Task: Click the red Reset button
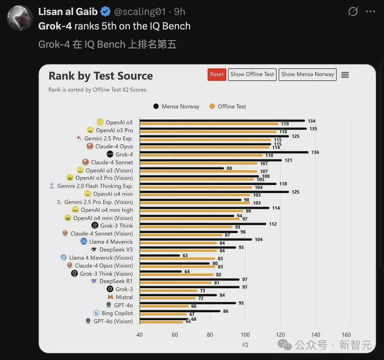point(217,74)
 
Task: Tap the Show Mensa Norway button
point(307,74)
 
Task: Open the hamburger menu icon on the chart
point(345,75)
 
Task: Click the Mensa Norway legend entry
point(176,107)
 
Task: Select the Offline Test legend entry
point(228,107)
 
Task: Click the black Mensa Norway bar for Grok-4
point(224,152)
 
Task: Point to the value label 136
point(315,152)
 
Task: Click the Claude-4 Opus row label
point(114,146)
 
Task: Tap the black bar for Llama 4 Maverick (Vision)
point(160,256)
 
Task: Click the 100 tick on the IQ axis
point(245,335)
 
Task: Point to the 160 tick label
point(346,335)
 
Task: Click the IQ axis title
point(245,345)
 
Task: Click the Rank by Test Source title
point(100,76)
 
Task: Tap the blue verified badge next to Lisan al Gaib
point(105,12)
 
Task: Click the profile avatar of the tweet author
point(19,18)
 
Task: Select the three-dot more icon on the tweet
point(370,11)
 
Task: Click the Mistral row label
point(124,297)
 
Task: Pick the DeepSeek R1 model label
point(116,281)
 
